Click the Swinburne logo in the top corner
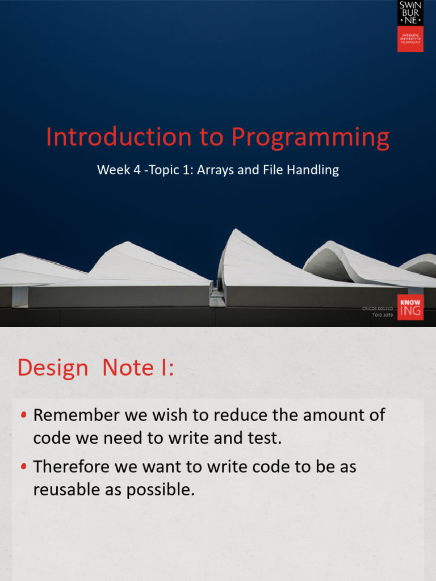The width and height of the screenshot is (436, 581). (x=410, y=26)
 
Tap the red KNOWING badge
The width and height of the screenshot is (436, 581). (x=410, y=307)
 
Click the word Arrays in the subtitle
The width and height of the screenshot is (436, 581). (x=213, y=170)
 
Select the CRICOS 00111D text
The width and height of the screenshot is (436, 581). (x=378, y=308)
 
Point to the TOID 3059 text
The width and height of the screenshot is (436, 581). (x=383, y=314)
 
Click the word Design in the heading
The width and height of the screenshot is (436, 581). (x=53, y=368)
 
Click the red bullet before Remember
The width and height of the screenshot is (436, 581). (x=24, y=415)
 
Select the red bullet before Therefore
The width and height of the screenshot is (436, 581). (x=24, y=467)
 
